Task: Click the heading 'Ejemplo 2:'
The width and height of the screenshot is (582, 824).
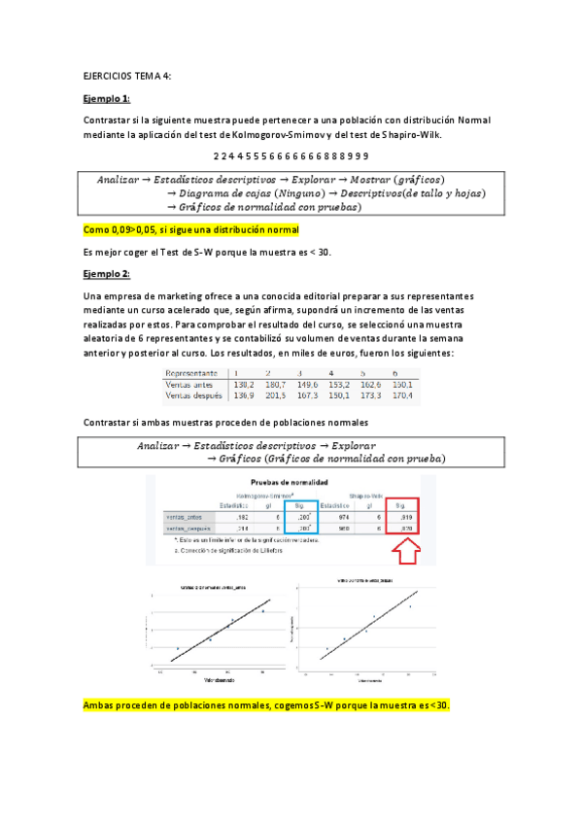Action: pyautogui.click(x=107, y=274)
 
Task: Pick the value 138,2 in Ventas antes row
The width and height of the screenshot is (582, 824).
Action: pyautogui.click(x=239, y=385)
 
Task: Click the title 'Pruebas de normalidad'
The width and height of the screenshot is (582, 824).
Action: pyautogui.click(x=290, y=483)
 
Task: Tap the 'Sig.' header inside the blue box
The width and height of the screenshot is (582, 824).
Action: pyautogui.click(x=303, y=505)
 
